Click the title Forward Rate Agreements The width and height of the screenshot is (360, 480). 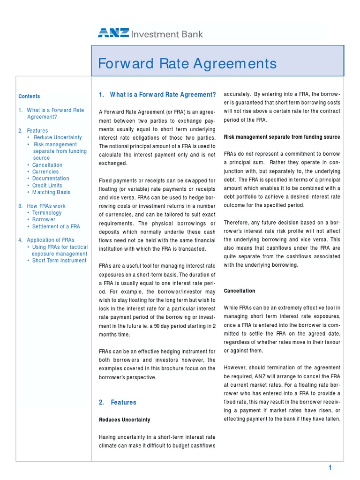click(x=187, y=63)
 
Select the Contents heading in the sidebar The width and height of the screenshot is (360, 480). click(x=29, y=96)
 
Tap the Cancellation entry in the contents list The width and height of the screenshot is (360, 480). click(x=47, y=165)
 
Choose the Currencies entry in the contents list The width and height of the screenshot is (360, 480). click(x=45, y=172)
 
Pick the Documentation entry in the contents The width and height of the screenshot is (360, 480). click(x=51, y=179)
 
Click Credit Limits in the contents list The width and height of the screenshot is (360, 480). click(x=47, y=186)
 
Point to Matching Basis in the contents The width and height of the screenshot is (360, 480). click(x=51, y=192)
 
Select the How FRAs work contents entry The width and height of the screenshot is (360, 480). click(x=46, y=206)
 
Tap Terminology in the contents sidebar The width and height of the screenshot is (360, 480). click(x=47, y=213)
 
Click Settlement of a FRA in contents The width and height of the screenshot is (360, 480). click(x=56, y=226)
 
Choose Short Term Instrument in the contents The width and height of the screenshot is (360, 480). click(x=59, y=261)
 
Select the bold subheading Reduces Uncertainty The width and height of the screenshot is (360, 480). click(x=124, y=420)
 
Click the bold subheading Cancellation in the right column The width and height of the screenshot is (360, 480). click(x=240, y=291)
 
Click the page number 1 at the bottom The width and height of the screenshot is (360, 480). click(x=330, y=467)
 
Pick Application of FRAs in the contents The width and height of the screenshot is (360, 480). click(x=51, y=240)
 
